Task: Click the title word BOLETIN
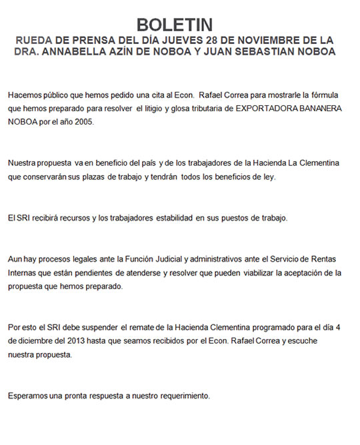pos(179,25)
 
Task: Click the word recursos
pos(70,219)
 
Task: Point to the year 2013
pos(75,342)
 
